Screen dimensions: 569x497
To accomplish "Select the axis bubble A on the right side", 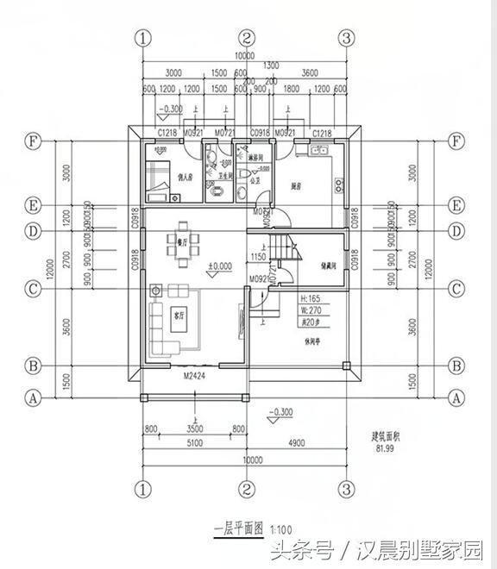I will coord(456,398).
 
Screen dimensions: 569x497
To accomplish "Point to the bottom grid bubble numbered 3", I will coord(347,490).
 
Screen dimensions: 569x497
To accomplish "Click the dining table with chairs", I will coord(182,239).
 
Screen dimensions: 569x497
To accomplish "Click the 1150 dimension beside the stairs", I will coord(257,257).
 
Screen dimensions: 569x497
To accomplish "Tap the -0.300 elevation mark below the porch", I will coord(281,412).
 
